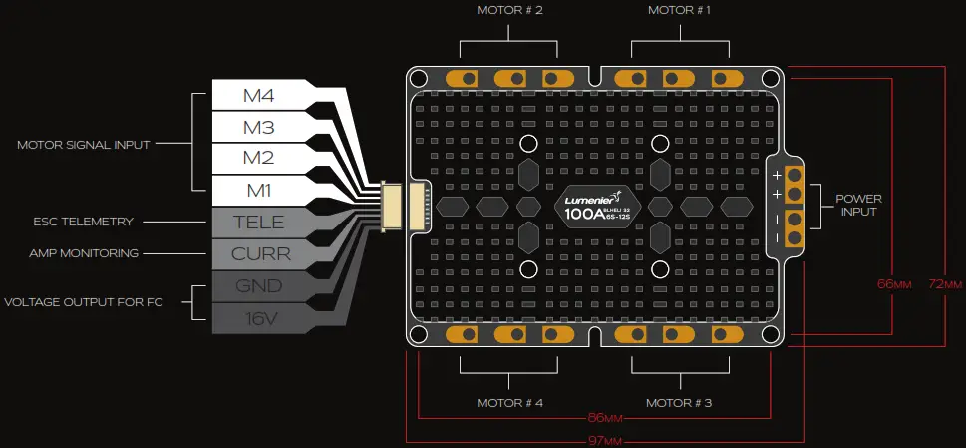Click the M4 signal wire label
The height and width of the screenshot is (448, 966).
tap(259, 97)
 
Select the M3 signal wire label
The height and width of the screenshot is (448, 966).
tap(259, 128)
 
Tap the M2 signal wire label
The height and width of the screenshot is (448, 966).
tap(259, 159)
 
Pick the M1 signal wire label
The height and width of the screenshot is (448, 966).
tap(259, 190)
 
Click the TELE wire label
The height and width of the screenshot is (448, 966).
tap(259, 222)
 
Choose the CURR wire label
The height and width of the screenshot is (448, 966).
tap(260, 253)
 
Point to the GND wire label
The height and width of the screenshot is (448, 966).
tap(259, 285)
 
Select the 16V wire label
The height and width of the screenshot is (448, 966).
tap(259, 317)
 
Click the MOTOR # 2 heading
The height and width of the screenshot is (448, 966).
tap(509, 11)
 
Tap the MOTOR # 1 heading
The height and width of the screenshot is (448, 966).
tap(679, 11)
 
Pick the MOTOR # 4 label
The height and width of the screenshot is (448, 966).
tap(509, 403)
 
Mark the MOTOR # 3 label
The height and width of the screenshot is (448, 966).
tap(679, 403)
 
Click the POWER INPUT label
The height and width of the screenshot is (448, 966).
tap(858, 205)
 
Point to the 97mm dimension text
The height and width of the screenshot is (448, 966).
tap(604, 439)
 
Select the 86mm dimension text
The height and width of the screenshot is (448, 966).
tap(595, 418)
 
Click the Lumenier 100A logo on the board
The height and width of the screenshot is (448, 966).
tap(595, 207)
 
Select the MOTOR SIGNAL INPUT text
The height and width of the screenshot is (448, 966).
tap(84, 145)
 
